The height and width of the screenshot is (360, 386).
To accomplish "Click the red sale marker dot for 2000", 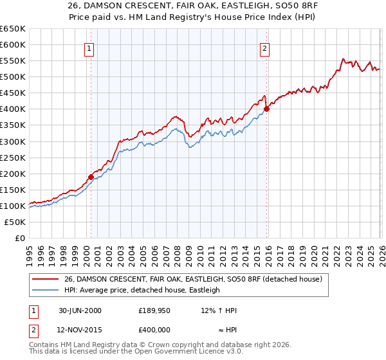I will [x=91, y=177].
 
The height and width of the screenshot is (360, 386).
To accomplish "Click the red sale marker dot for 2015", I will [x=266, y=109].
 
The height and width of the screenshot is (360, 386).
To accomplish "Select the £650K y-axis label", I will [x=13, y=29].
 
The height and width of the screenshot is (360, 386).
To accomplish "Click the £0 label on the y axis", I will [x=19, y=238].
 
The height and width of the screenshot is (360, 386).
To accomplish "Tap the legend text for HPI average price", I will [x=142, y=290].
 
